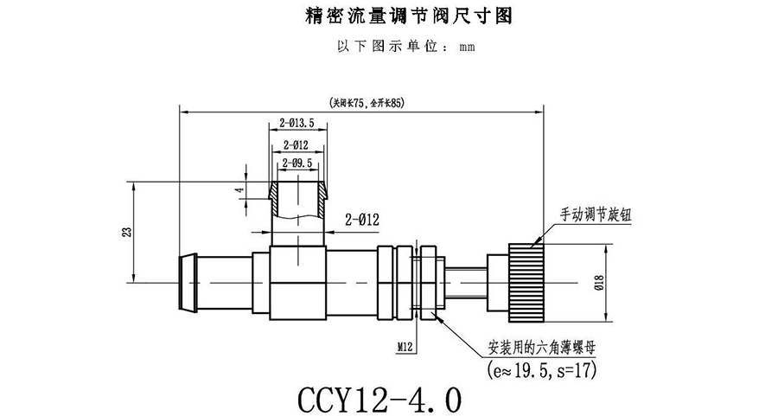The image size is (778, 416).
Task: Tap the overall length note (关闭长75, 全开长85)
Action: (x=361, y=102)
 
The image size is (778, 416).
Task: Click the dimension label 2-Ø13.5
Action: (x=297, y=123)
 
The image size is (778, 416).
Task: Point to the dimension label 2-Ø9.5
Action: (x=297, y=162)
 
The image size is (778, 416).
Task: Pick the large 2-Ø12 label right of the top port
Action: (x=362, y=220)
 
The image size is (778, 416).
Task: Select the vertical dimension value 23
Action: (x=126, y=232)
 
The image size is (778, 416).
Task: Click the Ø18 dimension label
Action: (x=623, y=282)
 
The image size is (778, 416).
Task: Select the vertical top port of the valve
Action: (x=298, y=212)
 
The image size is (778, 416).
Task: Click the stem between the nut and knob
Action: (x=467, y=282)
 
